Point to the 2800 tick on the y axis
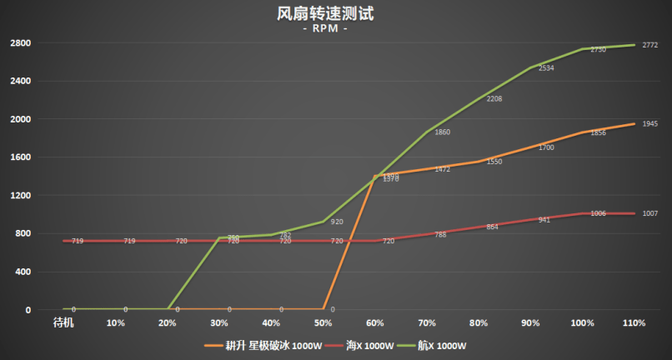[x=20, y=43]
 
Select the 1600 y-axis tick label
[x=20, y=157]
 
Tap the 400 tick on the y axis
[x=23, y=272]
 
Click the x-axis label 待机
[x=63, y=322]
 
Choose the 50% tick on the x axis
[x=323, y=322]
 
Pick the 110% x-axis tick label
[x=634, y=322]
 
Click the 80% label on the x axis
[x=479, y=322]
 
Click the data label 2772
[x=650, y=45]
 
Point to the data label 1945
[x=650, y=124]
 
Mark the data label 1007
[x=650, y=214]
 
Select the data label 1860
[x=443, y=132]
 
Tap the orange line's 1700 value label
[x=546, y=147]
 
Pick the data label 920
[x=337, y=222]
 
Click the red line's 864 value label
[x=493, y=227]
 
